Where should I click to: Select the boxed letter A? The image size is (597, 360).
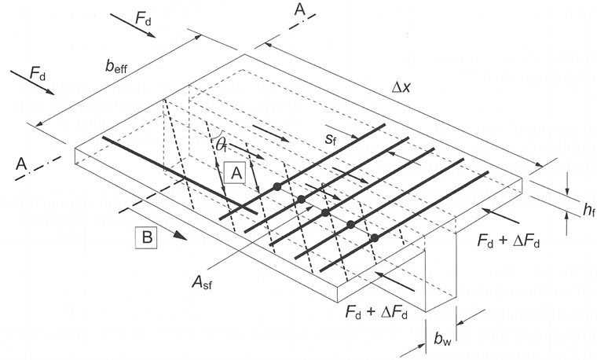coord(235,172)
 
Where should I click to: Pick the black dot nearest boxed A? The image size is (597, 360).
coord(277,186)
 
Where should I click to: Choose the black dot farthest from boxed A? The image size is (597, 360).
coord(374,237)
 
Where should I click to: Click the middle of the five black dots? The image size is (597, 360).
coord(324,212)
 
